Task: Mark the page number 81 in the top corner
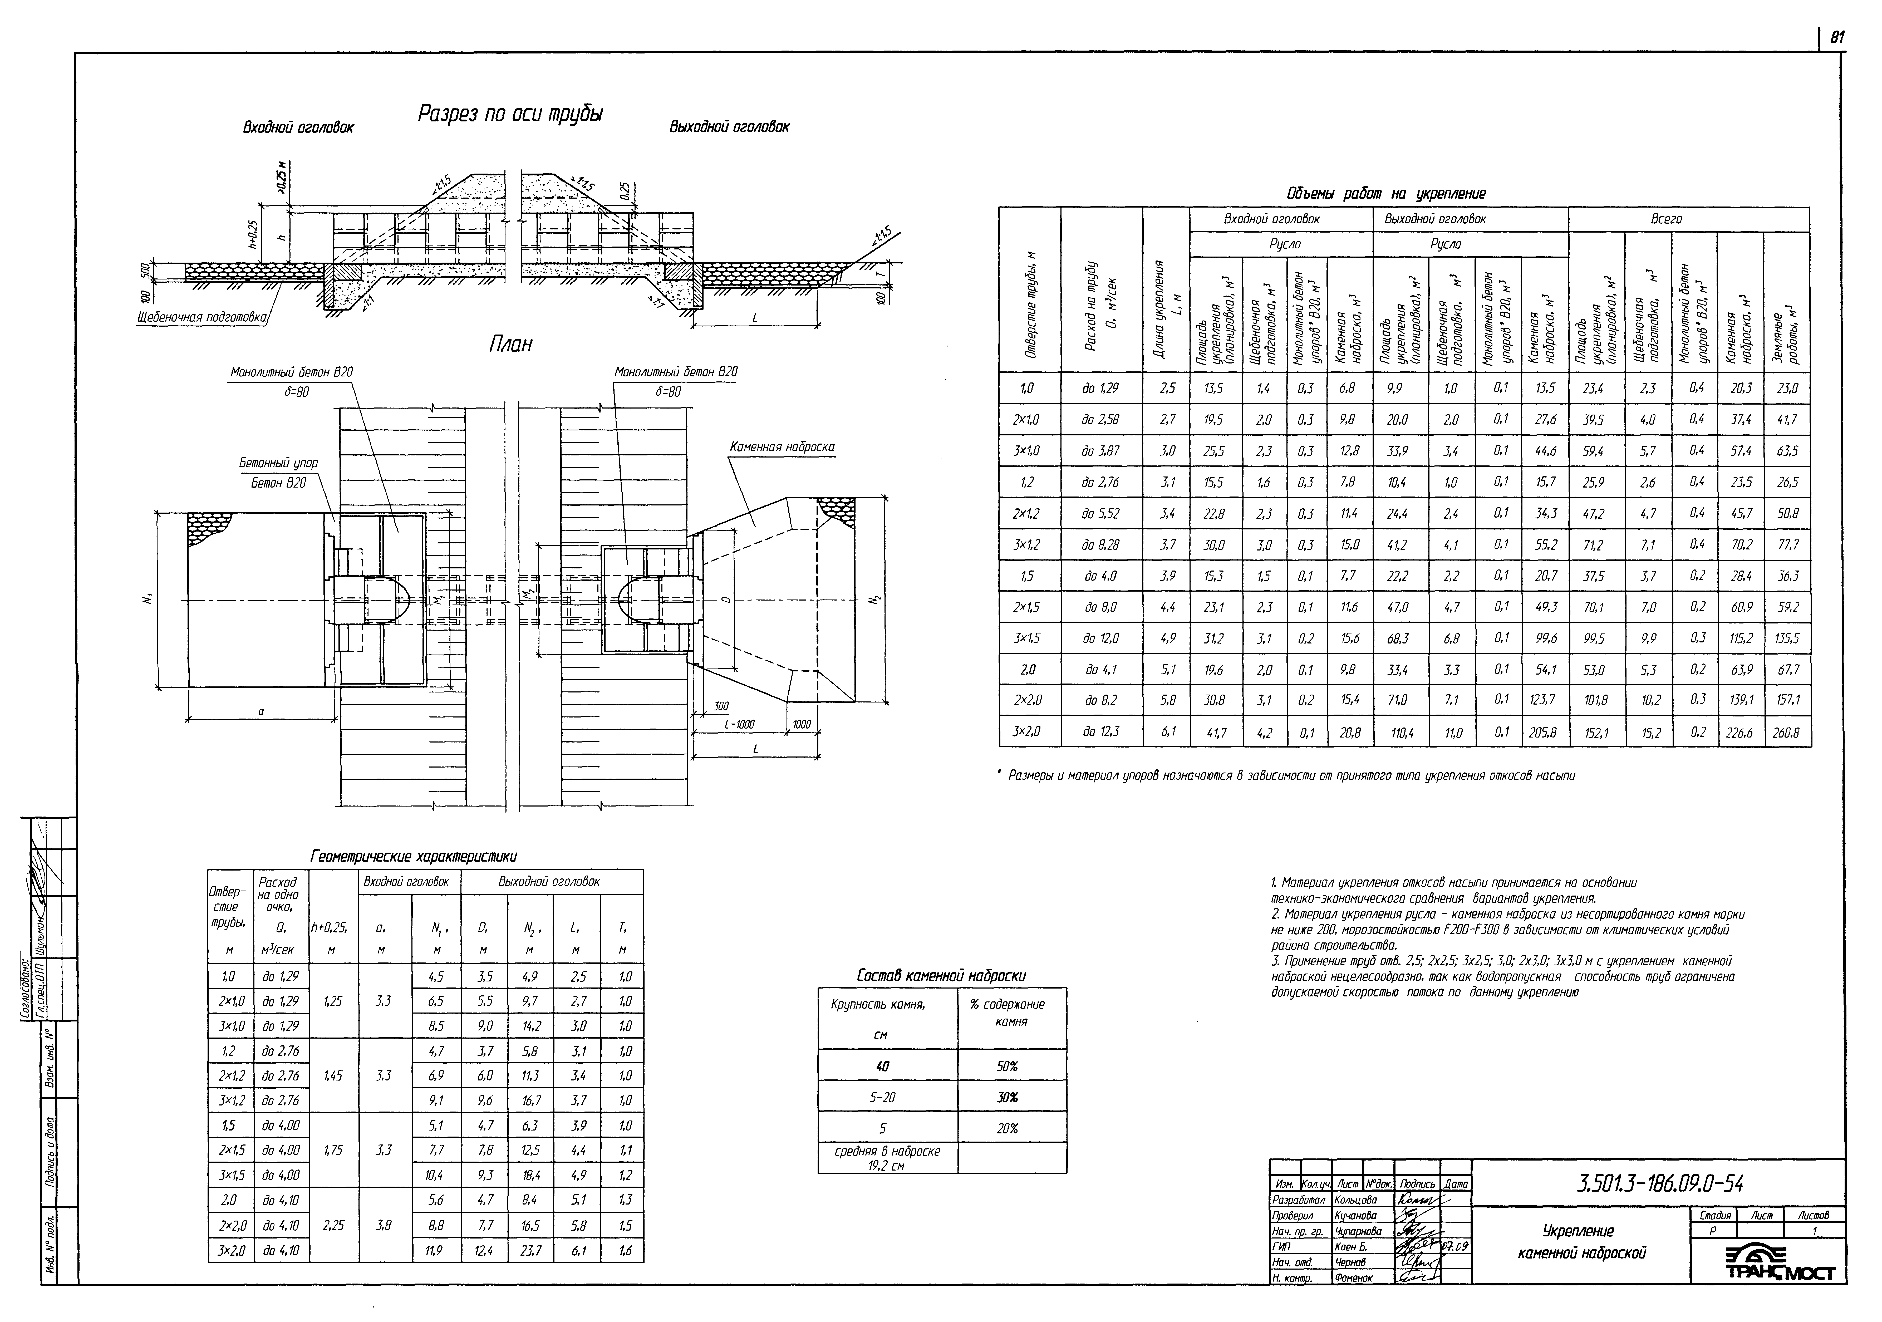[1837, 37]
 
